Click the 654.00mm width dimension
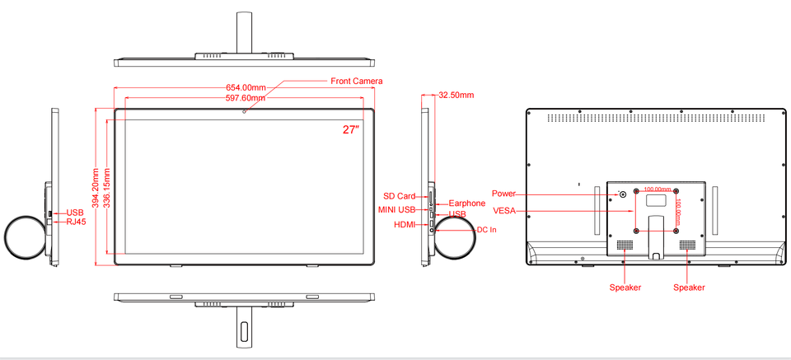click(x=246, y=87)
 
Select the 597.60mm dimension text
click(x=246, y=98)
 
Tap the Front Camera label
click(x=357, y=81)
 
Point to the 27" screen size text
click(x=351, y=129)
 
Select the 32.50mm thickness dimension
click(x=456, y=95)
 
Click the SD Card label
click(x=400, y=196)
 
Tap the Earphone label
click(x=466, y=203)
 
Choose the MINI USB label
click(x=397, y=209)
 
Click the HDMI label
click(x=405, y=225)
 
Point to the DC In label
click(x=487, y=229)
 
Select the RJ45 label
click(x=76, y=222)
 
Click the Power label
click(x=503, y=194)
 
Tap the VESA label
click(x=503, y=211)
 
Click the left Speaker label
click(x=625, y=288)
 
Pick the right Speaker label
click(x=689, y=288)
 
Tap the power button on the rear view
click(x=622, y=195)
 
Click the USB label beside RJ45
click(x=75, y=213)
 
